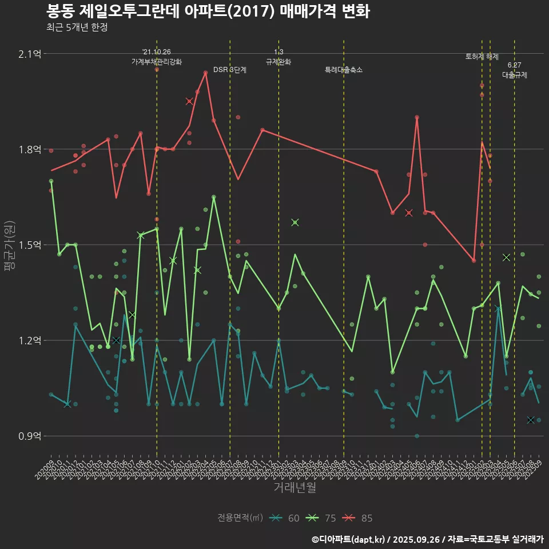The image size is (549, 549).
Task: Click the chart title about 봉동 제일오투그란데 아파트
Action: (208, 11)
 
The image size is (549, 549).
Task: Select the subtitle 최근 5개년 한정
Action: (77, 27)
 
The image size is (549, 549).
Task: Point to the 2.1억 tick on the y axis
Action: (30, 54)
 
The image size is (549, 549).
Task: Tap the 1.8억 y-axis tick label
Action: (30, 150)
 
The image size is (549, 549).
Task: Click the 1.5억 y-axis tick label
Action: (30, 245)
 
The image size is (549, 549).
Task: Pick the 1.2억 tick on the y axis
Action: (30, 341)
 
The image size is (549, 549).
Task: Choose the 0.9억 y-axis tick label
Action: (30, 436)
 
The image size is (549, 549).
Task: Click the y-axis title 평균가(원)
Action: (10, 245)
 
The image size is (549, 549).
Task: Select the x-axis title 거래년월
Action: (295, 488)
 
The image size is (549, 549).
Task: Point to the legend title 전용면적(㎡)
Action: (240, 519)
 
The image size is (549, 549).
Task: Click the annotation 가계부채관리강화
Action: (157, 62)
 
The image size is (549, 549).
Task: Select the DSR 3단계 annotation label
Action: (230, 70)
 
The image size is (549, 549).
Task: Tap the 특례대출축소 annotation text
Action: (344, 70)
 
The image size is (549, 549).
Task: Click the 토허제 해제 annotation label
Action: (482, 57)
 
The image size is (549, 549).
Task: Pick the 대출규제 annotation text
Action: (515, 75)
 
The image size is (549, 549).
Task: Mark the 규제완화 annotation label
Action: (279, 62)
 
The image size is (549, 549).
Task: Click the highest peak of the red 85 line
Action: (206, 73)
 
